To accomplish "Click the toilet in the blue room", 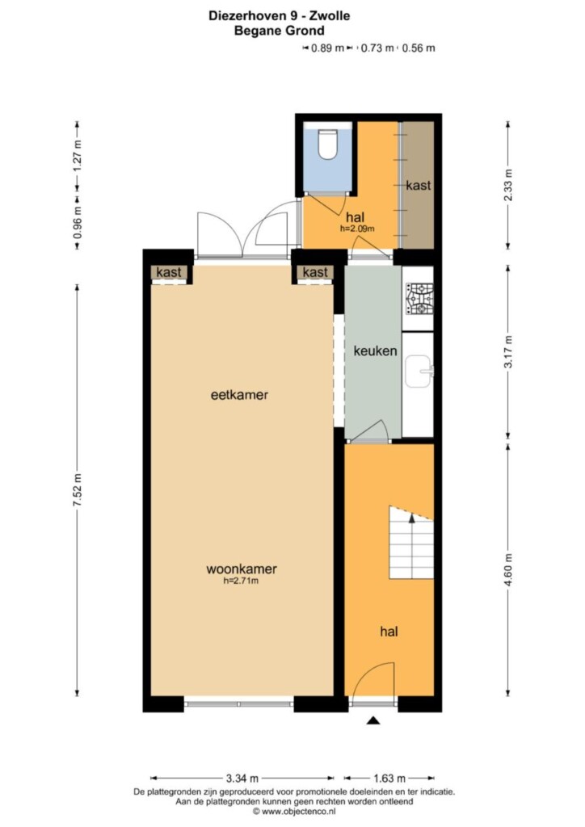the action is (327, 144).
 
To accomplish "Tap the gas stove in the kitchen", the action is (419, 299).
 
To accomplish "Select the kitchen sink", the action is (419, 372).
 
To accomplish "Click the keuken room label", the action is (375, 351).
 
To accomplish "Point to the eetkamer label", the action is (239, 394).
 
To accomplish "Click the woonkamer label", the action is (241, 569).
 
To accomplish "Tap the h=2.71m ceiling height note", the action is (241, 581).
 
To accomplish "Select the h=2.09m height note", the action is (357, 229).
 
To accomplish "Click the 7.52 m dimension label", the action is (78, 490).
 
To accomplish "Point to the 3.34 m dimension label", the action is (242, 778).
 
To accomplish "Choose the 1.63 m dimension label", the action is (389, 778).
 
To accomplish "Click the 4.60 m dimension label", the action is (508, 569).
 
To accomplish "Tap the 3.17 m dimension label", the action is (508, 352).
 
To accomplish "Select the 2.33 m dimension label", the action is (508, 185).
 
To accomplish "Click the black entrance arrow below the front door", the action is (373, 720).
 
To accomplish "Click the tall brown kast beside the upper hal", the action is (419, 185).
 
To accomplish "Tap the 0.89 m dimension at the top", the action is (327, 48).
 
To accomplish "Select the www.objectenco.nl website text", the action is (298, 812).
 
